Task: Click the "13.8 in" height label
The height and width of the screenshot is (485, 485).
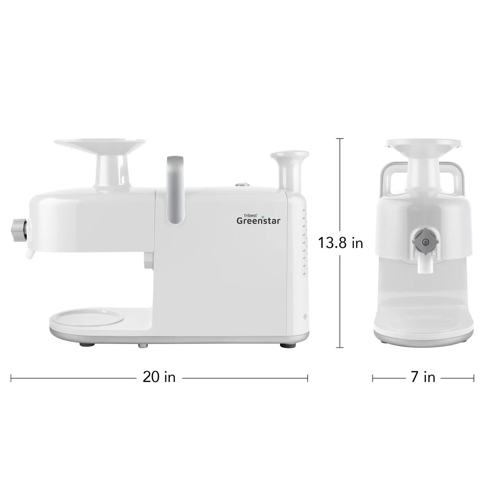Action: pos(340,244)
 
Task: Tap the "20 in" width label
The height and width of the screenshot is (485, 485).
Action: pos(159,377)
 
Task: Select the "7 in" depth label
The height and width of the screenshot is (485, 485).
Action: pos(423,377)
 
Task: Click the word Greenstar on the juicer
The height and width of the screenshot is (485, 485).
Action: pos(258,221)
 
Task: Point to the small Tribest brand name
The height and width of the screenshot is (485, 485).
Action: pos(250,215)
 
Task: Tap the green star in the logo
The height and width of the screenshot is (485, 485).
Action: pos(263,217)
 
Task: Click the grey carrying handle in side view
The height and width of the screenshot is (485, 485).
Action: pos(175,189)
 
